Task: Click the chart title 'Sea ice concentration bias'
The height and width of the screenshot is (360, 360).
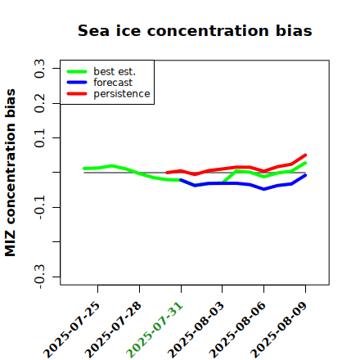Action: click(195, 30)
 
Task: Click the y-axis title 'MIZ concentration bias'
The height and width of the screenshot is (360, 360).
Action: click(11, 173)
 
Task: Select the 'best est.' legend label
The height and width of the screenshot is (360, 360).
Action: click(115, 71)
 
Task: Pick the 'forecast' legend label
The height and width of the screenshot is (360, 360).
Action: click(113, 83)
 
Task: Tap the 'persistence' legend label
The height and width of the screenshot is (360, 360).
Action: click(122, 94)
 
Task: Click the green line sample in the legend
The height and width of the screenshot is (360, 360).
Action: click(77, 71)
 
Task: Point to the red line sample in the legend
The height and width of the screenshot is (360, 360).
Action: click(77, 94)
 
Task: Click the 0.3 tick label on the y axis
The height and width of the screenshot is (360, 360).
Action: click(39, 69)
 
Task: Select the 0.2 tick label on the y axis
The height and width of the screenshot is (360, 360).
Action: click(39, 103)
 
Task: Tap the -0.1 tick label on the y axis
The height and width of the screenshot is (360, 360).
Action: click(39, 207)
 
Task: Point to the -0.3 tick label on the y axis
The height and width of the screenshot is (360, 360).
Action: click(39, 277)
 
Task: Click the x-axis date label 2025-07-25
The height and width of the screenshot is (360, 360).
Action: click(71, 331)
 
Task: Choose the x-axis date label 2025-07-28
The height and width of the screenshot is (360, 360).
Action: click(113, 331)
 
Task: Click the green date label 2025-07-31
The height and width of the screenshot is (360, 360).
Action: click(155, 331)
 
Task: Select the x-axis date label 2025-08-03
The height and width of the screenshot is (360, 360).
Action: click(196, 331)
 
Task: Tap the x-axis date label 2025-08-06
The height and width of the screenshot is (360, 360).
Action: click(237, 331)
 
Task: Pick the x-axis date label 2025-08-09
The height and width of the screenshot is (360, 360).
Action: click(279, 331)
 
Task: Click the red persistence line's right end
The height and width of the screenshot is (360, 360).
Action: click(305, 155)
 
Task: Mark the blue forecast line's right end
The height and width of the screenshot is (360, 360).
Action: click(305, 175)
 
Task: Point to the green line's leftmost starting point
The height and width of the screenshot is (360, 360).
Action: click(84, 169)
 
